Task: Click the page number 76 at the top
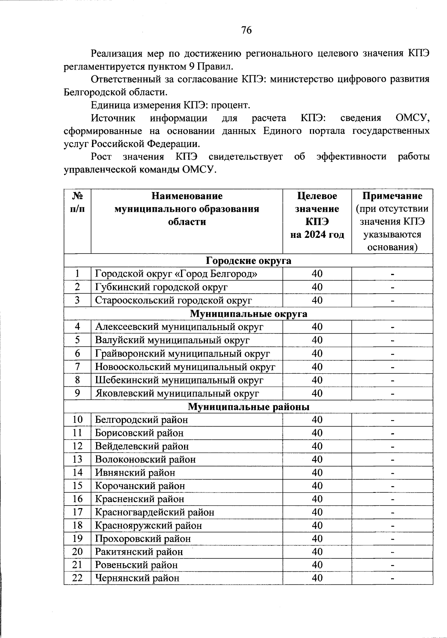(x=246, y=30)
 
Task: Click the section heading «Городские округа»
(x=248, y=261)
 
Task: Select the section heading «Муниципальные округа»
(x=248, y=314)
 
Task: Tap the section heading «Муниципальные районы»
(x=248, y=407)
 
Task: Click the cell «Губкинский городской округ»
(x=161, y=287)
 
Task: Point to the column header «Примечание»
(x=392, y=196)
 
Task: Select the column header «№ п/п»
(x=77, y=202)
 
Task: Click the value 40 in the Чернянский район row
(x=317, y=578)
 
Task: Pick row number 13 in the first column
(x=77, y=459)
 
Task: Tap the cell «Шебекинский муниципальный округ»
(x=179, y=380)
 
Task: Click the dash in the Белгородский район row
(x=392, y=420)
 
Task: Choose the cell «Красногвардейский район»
(x=155, y=512)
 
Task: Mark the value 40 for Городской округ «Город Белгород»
(x=317, y=274)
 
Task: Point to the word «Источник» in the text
(x=113, y=118)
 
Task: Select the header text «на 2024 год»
(x=317, y=235)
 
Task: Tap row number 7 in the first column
(x=77, y=367)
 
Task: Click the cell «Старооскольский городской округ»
(x=174, y=300)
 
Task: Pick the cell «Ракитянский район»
(x=139, y=552)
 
